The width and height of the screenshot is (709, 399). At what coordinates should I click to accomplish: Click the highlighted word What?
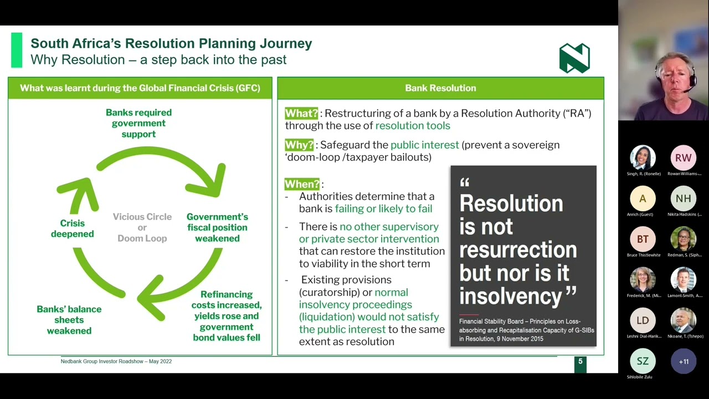click(301, 113)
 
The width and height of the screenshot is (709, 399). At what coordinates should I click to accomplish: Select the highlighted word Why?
click(299, 145)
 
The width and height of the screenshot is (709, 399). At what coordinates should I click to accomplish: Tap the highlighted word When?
click(302, 184)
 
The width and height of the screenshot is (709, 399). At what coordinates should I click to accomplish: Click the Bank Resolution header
click(440, 88)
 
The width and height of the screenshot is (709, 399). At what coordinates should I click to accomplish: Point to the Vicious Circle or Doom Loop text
click(142, 227)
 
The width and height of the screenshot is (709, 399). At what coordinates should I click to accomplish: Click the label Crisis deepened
click(72, 228)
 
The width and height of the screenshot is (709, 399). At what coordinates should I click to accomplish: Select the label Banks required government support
click(138, 123)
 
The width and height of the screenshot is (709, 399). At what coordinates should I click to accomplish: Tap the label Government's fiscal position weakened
click(217, 227)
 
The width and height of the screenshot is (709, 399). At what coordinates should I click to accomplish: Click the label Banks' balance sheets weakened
click(69, 320)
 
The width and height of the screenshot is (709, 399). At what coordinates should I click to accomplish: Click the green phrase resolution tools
click(413, 126)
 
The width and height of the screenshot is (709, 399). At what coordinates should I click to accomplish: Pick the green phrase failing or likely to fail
click(383, 209)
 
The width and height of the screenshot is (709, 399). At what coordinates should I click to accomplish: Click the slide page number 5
click(580, 362)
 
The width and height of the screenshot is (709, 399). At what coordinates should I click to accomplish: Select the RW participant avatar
click(683, 158)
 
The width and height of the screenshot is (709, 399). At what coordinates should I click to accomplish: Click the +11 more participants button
click(683, 361)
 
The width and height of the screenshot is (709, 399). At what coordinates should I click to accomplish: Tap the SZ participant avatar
click(643, 361)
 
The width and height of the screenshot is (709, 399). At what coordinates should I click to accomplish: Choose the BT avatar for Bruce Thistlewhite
click(643, 239)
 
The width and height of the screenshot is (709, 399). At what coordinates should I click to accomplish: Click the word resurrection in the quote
click(518, 250)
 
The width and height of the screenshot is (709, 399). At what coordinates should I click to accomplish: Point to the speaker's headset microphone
click(687, 90)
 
